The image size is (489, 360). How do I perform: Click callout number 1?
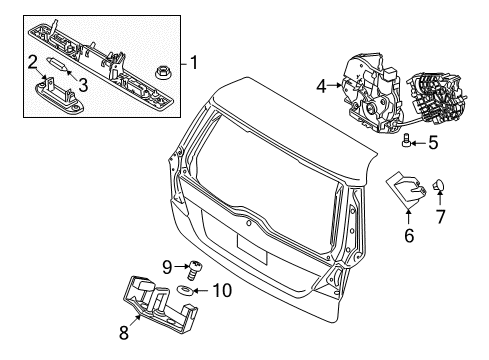pos(194,63)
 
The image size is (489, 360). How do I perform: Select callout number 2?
pos(34,62)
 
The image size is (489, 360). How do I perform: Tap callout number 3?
pos(82,86)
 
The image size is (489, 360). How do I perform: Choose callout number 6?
pos(408,235)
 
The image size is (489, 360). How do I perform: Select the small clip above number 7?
pos(441,186)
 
